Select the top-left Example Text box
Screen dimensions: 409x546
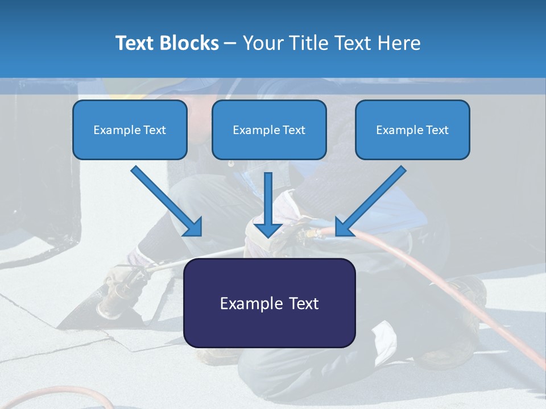[x=130, y=130]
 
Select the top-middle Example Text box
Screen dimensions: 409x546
[x=269, y=130]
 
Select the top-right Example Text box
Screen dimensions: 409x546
[x=412, y=130]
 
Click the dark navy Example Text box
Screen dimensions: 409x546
[x=269, y=303]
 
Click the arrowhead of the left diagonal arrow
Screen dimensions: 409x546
[x=193, y=227]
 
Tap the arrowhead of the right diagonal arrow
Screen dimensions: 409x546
[x=344, y=227]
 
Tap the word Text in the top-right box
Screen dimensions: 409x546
[x=437, y=130]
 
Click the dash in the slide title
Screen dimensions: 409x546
[x=230, y=43]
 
